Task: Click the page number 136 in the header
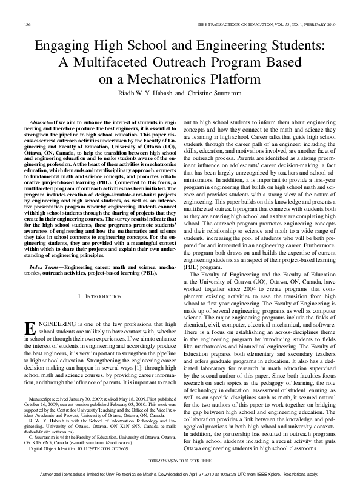click(27, 25)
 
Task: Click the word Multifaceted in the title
click(131, 61)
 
